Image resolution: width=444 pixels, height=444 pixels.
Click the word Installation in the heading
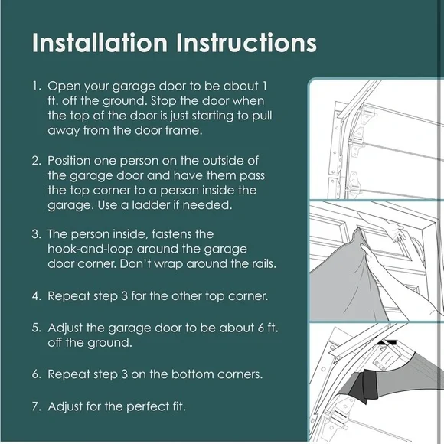click(100, 43)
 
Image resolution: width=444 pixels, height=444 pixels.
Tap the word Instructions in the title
click(246, 43)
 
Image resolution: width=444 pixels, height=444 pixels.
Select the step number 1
click(36, 86)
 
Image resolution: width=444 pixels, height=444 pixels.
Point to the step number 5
click(37, 328)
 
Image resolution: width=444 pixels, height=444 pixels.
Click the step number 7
click(37, 406)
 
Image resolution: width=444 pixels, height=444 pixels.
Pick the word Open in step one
click(63, 87)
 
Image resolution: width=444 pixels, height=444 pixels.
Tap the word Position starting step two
click(69, 161)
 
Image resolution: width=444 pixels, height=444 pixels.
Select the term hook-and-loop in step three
click(90, 250)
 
